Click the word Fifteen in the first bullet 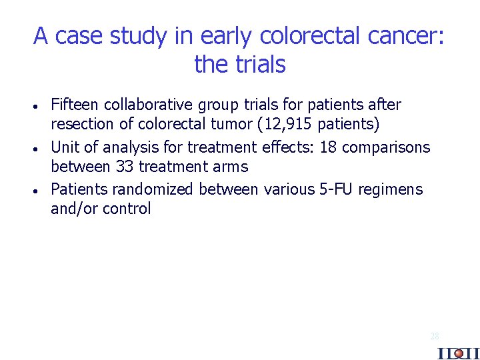point(74,105)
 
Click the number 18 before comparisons point(328,147)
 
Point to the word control point(127,209)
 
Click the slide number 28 point(435,337)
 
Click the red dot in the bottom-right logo point(458,353)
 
